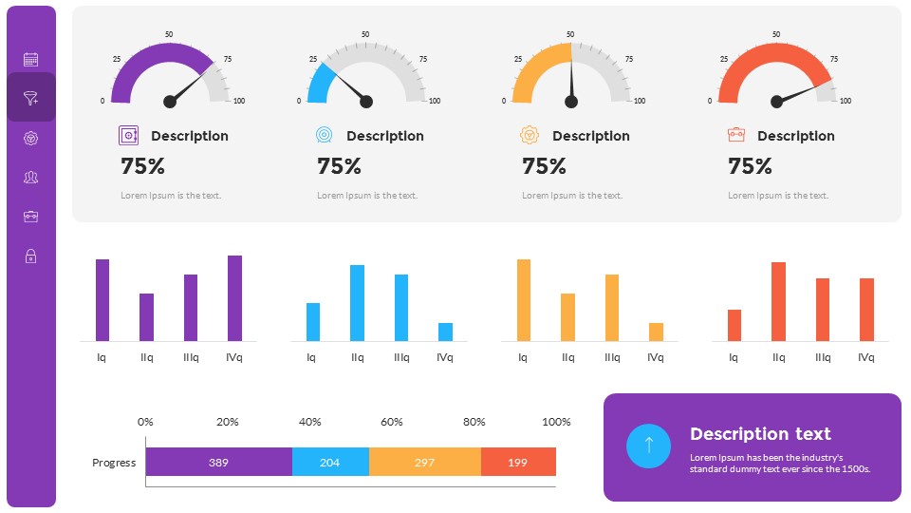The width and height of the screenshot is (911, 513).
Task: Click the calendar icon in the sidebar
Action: coord(30,59)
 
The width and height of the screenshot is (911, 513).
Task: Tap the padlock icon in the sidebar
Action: coord(30,256)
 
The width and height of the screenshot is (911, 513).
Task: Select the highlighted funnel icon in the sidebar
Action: coord(30,98)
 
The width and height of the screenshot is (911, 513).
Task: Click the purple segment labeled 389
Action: coord(218,463)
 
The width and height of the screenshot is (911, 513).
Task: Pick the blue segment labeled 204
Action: coord(329,463)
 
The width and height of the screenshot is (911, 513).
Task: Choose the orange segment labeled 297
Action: coord(424,463)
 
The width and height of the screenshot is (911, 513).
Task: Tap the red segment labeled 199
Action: coord(517,463)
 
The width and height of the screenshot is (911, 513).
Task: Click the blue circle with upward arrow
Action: coord(648,446)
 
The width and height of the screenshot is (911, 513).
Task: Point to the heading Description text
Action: coord(760,434)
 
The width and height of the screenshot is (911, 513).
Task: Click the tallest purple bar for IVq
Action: coord(234,297)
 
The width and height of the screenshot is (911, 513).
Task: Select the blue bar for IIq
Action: coord(357,302)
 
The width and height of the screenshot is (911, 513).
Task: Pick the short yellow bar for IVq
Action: coord(656,332)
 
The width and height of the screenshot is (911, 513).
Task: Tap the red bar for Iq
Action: coord(734,325)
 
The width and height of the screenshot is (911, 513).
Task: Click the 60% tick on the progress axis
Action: coord(392,422)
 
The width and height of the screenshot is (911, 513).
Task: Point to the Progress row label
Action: coord(114,463)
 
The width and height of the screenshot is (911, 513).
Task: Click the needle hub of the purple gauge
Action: coord(170,101)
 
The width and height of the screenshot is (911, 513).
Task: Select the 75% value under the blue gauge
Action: coord(339,166)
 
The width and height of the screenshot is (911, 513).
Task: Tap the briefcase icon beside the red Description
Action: coord(735,135)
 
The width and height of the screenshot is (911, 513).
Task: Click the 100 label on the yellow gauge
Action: coord(640,101)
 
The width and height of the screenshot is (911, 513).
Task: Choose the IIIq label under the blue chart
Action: coord(401,357)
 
